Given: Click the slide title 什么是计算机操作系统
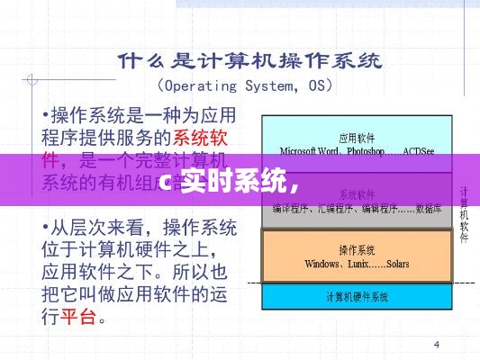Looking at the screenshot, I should point(249,60).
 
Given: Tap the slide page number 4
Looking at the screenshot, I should point(437,344).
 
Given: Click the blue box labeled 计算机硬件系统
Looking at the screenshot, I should point(357,296).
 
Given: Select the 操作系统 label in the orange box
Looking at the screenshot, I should point(357,248).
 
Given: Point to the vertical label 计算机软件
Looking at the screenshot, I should point(465,216).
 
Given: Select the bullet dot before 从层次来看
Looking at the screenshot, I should point(46,224).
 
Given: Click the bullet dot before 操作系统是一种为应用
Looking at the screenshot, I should point(46,115).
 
